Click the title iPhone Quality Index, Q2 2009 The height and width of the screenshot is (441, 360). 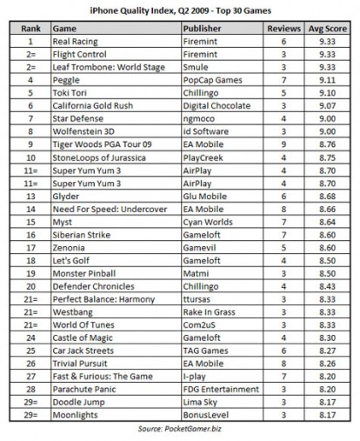(180, 10)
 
